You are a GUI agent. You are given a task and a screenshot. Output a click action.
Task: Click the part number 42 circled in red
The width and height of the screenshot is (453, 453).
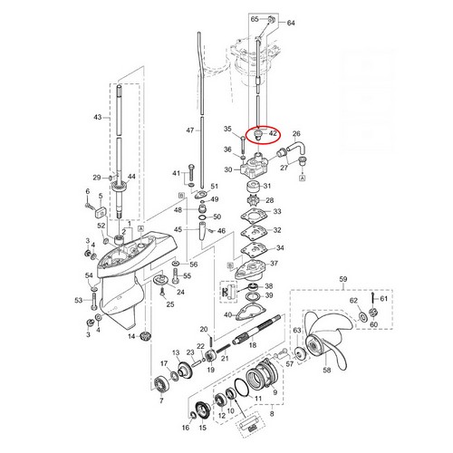coord(273,133)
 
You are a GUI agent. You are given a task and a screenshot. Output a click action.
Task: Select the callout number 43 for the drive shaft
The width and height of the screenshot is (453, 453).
coord(98,117)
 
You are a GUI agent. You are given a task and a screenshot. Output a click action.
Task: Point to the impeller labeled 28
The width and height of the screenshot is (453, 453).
coord(254,200)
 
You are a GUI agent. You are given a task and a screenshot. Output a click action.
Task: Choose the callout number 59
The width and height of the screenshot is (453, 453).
coord(343,279)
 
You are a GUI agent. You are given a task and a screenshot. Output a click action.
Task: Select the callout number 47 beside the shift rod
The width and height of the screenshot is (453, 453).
coord(190,130)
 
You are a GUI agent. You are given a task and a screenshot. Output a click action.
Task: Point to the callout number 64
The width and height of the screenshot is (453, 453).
coord(291,23)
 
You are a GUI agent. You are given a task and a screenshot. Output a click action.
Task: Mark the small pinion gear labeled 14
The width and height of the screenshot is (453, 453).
coord(146,335)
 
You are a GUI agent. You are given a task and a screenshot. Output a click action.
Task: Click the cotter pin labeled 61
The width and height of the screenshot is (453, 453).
coord(373,298)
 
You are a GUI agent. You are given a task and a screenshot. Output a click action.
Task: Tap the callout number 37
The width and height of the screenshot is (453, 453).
coord(274,263)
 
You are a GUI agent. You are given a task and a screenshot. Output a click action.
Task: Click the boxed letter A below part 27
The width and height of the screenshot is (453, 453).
coord(303,178)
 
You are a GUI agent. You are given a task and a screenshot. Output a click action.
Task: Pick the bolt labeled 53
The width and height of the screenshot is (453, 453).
coord(93,301)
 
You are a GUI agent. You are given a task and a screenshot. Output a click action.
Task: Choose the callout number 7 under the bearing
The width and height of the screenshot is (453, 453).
coord(161,400)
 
